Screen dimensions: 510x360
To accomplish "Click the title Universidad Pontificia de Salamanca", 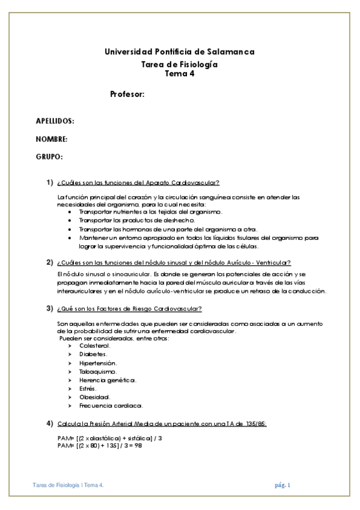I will click(x=180, y=52).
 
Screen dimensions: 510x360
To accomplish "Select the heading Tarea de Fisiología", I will click(x=179, y=64).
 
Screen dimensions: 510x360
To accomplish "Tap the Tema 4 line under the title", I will click(x=180, y=74).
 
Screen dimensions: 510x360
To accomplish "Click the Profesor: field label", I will click(x=128, y=94).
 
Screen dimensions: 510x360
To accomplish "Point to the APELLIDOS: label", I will click(x=55, y=121).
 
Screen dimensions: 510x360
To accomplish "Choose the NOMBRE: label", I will click(x=51, y=139).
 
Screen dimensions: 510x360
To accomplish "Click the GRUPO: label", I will click(x=49, y=157).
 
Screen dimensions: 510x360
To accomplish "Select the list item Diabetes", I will click(x=93, y=354).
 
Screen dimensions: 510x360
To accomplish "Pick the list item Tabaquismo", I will click(x=97, y=372).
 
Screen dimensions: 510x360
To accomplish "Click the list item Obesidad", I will click(x=94, y=397).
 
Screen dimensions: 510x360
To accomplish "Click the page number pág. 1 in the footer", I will click(x=282, y=485).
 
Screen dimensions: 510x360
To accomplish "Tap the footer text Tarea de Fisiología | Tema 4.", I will click(x=68, y=485).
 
